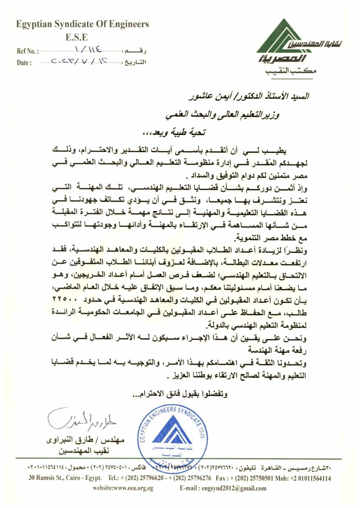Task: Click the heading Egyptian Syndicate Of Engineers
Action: point(83,24)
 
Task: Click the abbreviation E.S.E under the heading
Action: point(77,37)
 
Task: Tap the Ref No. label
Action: point(28,51)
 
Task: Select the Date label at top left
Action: point(24,63)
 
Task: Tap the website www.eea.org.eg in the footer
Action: point(123,488)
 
